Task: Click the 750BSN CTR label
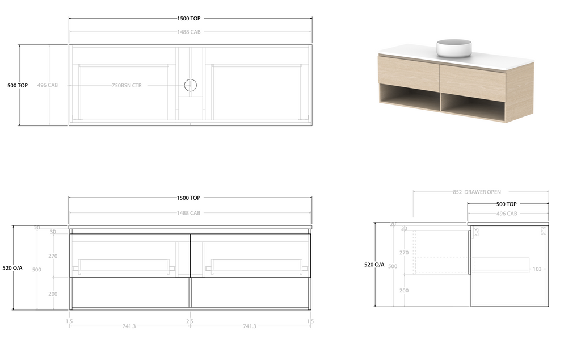[x=127, y=86]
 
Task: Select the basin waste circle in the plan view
[x=191, y=85]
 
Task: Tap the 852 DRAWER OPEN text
[x=477, y=192]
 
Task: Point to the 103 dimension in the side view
[x=536, y=269]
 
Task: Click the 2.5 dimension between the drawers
[x=190, y=321]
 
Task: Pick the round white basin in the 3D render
[x=454, y=48]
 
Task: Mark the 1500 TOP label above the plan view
[x=188, y=19]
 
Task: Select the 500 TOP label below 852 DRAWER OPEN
[x=506, y=204]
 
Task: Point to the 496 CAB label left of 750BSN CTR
[x=47, y=85]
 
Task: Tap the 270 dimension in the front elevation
[x=53, y=256]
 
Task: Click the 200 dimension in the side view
[x=404, y=290]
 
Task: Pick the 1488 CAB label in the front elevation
[x=188, y=213]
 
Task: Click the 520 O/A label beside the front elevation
[x=12, y=267]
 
